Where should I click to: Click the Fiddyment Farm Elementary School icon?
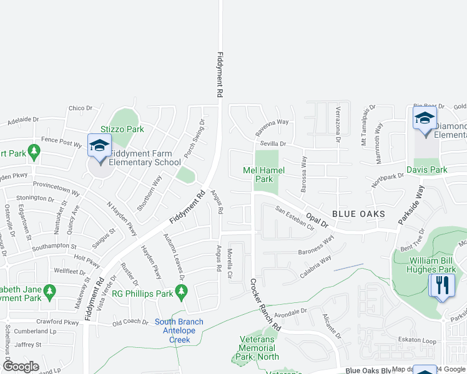(99, 146)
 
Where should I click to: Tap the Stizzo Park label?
(127, 129)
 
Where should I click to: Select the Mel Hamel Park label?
(263, 175)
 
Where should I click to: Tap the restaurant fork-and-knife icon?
(444, 285)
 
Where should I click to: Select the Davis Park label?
(426, 170)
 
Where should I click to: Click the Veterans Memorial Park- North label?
(258, 348)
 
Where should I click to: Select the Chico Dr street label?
(81, 108)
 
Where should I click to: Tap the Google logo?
(21, 366)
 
